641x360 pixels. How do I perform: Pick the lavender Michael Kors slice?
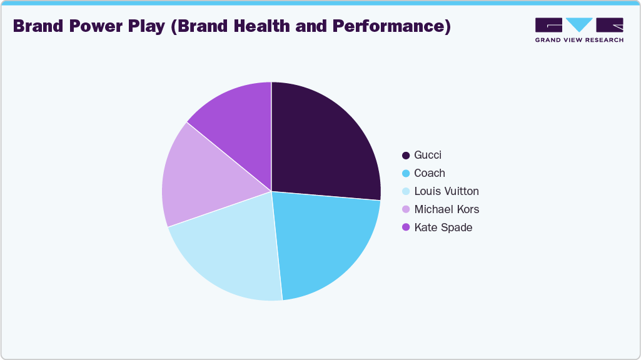(200, 178)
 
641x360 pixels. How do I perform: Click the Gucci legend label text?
(428, 155)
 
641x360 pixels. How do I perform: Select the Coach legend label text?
(430, 173)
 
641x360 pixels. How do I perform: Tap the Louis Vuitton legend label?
(447, 191)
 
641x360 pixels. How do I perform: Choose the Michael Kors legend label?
(447, 209)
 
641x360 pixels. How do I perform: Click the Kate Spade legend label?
(443, 227)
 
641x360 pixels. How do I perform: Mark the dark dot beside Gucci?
(406, 155)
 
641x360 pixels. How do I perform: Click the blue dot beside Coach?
(406, 173)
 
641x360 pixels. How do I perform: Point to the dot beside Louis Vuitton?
(406, 191)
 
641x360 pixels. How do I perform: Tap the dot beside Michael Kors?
(406, 209)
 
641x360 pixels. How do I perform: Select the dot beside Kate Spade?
(406, 227)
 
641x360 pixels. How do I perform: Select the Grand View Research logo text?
(579, 40)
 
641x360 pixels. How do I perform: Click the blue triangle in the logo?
(579, 24)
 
